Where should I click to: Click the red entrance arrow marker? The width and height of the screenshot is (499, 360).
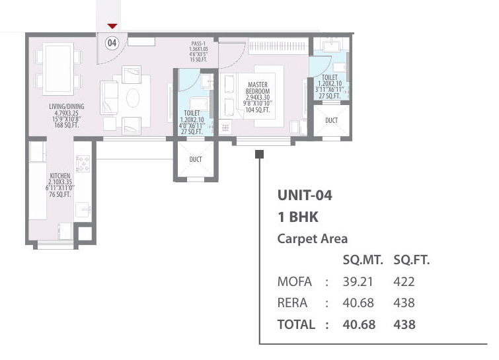click(x=112, y=26)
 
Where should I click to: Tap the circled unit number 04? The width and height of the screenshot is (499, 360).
click(x=112, y=43)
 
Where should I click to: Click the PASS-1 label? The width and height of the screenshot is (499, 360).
click(x=200, y=44)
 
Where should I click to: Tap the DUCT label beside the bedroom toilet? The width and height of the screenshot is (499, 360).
click(x=331, y=120)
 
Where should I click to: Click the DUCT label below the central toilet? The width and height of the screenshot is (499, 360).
click(x=195, y=160)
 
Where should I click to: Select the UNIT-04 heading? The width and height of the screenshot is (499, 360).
click(x=304, y=196)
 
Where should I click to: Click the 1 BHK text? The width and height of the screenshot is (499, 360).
click(x=298, y=217)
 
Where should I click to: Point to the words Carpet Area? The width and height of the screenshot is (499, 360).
click(x=313, y=239)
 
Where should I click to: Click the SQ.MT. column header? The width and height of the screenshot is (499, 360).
click(x=360, y=260)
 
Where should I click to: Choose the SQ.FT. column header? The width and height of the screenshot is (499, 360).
click(x=411, y=260)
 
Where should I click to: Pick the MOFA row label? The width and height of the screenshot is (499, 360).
click(x=295, y=282)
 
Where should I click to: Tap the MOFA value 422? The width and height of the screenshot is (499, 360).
click(x=404, y=282)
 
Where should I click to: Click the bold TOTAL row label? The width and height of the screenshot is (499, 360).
click(x=296, y=324)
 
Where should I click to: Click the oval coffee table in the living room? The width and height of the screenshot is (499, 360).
click(x=133, y=98)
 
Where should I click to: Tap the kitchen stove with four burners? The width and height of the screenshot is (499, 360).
click(x=83, y=163)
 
